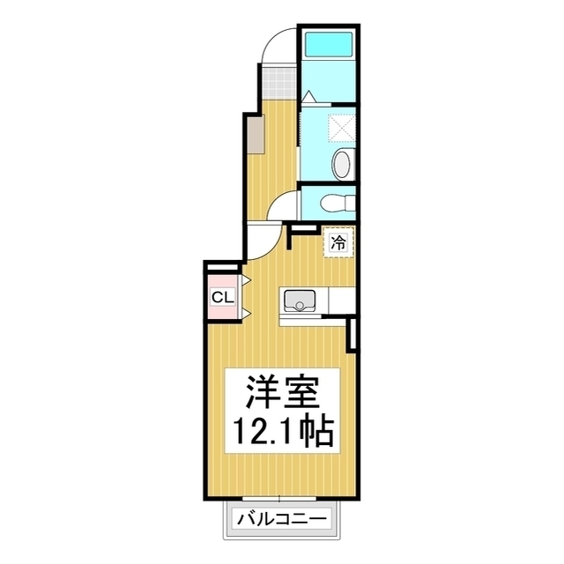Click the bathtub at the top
(327, 45)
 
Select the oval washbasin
(342, 164)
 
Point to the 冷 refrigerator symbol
(338, 242)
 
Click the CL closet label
(222, 297)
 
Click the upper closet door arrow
(248, 281)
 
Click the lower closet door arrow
(248, 313)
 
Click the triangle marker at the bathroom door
(308, 96)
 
